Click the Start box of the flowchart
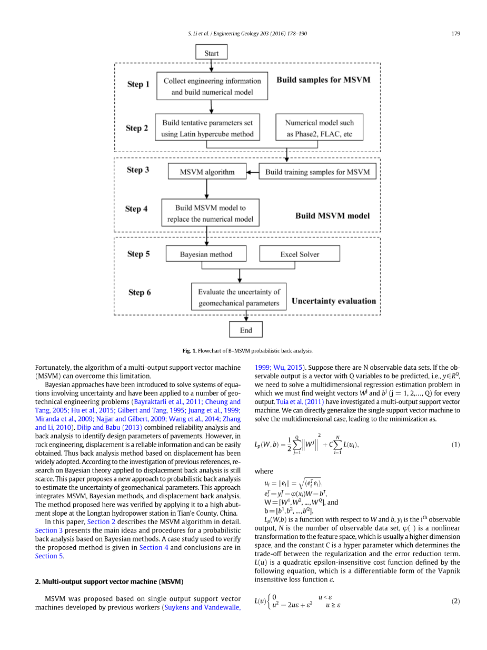[211, 53]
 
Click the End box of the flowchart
[246, 330]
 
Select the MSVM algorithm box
[207, 172]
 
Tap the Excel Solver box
[300, 254]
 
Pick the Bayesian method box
[206, 254]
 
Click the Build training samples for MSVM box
[317, 172]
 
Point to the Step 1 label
[138, 84]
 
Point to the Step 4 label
[136, 209]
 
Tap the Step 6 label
[140, 292]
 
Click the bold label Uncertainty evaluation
[334, 301]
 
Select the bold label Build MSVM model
[332, 216]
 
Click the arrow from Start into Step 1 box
[211, 65]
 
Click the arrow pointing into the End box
[246, 316]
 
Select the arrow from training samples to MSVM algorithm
[253, 172]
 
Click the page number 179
[456, 34]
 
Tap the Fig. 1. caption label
[189, 351]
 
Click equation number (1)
[456, 445]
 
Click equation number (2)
[456, 601]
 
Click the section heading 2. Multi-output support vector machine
[109, 582]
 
